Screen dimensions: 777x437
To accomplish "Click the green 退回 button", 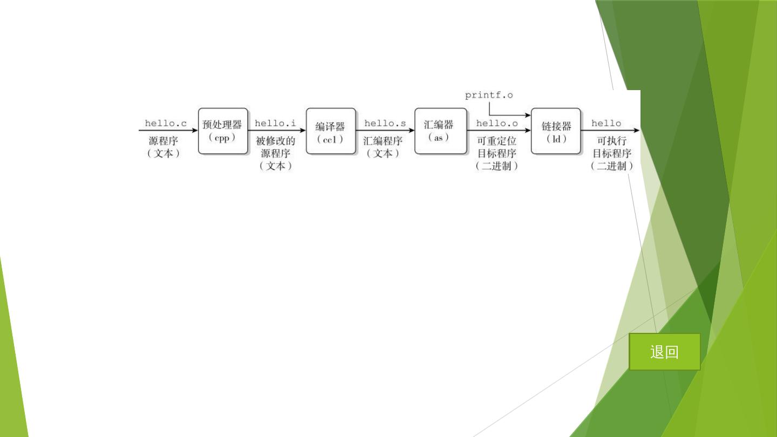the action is click(664, 352).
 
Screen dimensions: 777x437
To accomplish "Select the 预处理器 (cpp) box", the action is click(222, 131).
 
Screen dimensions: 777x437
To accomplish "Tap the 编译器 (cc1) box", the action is click(331, 131).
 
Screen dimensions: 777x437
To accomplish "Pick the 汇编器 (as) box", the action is click(439, 131).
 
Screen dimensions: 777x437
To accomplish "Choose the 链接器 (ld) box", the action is click(556, 131).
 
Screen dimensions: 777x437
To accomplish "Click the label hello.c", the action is click(166, 124).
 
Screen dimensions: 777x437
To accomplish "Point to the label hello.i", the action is click(275, 124).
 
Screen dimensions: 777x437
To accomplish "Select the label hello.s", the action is click(385, 124).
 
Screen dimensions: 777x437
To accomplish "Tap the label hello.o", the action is click(496, 124).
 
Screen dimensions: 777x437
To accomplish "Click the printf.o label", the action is click(489, 95).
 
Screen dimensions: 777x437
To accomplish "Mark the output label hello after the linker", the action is click(606, 124).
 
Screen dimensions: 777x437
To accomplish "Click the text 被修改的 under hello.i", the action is click(275, 141).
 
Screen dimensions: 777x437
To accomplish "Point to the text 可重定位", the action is click(496, 141).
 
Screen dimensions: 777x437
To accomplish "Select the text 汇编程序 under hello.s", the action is click(383, 141).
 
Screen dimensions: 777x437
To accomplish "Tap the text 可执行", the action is click(611, 141).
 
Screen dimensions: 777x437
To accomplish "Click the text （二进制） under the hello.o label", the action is click(496, 166).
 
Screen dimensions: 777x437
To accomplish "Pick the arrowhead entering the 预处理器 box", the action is click(195, 130).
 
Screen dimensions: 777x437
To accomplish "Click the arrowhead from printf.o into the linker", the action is click(528, 115).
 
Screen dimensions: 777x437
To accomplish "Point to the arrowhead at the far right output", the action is click(637, 130).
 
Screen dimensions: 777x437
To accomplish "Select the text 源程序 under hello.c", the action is click(163, 141).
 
